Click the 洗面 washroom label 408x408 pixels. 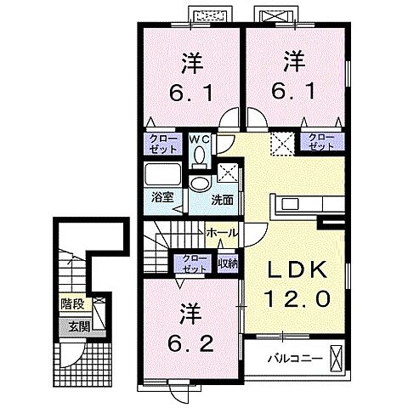tap(223, 201)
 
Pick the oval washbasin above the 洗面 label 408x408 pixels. tap(200, 184)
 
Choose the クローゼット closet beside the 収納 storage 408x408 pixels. tap(193, 263)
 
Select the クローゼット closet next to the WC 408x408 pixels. tap(161, 143)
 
